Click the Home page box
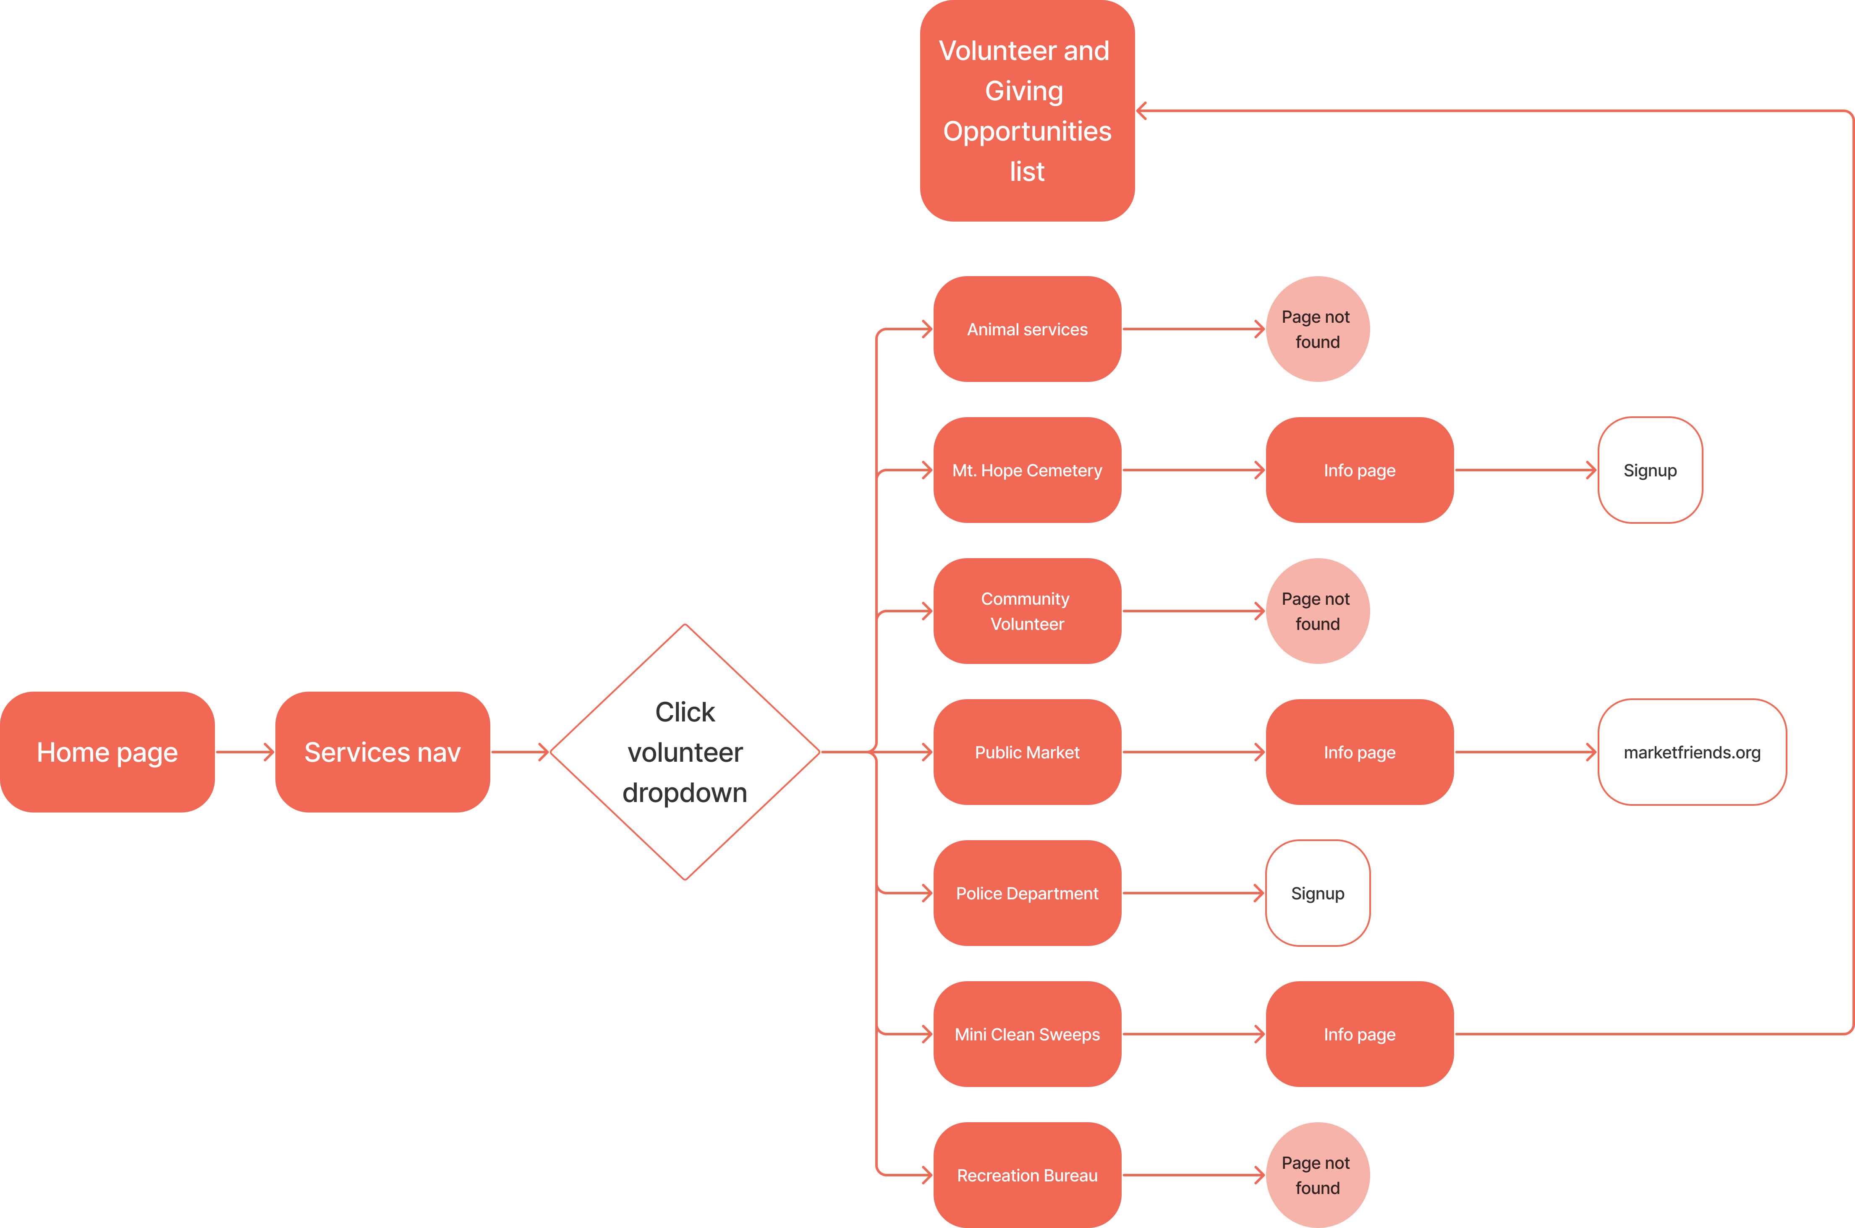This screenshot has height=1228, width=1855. point(107,752)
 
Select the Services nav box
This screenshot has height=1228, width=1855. point(382,752)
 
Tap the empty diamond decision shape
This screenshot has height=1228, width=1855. point(685,752)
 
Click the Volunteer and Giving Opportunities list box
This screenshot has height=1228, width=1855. point(1027,110)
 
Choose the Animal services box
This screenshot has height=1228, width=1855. point(1027,329)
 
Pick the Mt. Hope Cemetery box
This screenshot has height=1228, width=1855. point(1027,470)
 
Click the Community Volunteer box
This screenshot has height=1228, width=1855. point(1027,611)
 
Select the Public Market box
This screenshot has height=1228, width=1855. point(1027,752)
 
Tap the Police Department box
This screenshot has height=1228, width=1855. point(1027,893)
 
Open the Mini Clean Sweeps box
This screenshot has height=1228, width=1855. point(1027,1034)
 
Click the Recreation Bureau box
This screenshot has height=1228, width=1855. point(1027,1175)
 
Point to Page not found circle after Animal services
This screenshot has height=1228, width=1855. point(1318,329)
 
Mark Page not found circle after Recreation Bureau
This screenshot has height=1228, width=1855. point(1318,1175)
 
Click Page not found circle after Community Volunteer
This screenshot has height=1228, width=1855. point(1318,611)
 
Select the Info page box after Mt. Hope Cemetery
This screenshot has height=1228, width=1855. point(1359,470)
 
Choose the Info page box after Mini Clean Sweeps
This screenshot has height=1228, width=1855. point(1359,1034)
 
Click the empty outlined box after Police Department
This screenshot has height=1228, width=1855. point(1318,893)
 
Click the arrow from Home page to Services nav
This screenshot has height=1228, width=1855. point(244,752)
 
